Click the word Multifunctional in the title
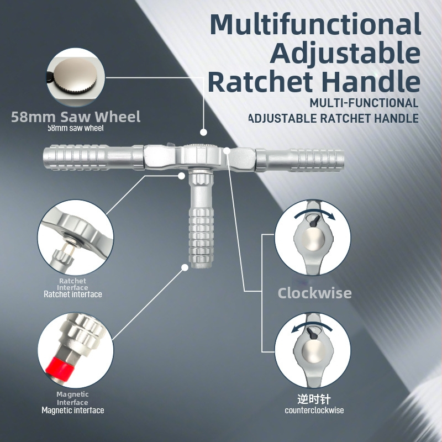point(315,24)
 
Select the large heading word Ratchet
point(261,82)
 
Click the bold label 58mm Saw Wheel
point(76,117)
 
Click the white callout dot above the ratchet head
point(203,132)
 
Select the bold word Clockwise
point(314,293)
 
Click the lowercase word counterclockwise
point(314,410)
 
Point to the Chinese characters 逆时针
point(314,399)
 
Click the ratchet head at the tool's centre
point(201,156)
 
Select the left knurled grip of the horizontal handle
point(75,157)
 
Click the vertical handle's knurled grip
point(201,240)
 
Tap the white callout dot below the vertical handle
point(185,267)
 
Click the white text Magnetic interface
point(73,410)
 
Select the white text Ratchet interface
point(73,294)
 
